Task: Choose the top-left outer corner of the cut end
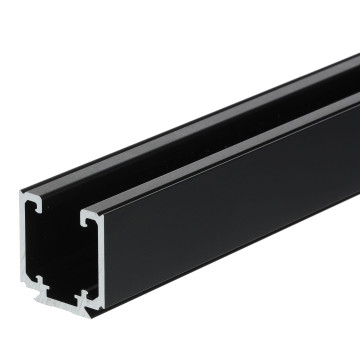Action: pos(22,196)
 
